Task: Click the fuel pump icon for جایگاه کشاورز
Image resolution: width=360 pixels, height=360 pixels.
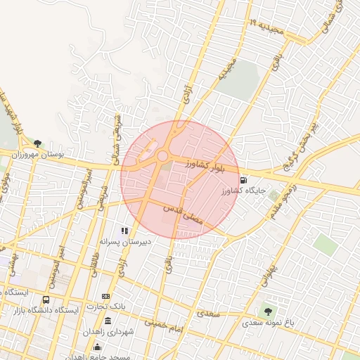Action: tap(243, 180)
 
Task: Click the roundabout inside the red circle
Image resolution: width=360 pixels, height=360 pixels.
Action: tap(162, 156)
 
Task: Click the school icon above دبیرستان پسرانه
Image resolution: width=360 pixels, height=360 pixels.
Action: tap(125, 231)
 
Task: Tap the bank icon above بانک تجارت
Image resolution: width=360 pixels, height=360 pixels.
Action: tap(106, 296)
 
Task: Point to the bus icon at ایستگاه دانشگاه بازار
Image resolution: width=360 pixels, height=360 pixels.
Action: tap(46, 300)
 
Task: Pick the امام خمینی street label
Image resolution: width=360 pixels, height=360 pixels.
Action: tap(165, 323)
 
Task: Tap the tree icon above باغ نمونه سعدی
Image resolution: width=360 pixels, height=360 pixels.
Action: tap(267, 310)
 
